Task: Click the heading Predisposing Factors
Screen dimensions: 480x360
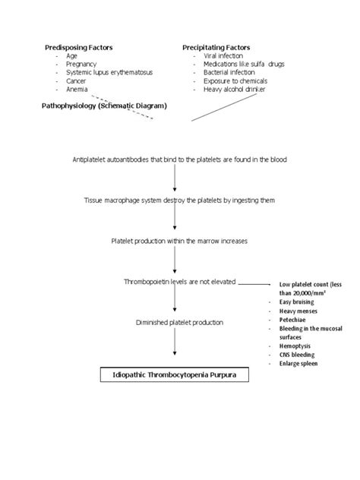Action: pyautogui.click(x=78, y=47)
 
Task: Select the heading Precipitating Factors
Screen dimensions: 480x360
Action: pyautogui.click(x=216, y=47)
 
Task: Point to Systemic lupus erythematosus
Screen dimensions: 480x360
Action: pyautogui.click(x=109, y=72)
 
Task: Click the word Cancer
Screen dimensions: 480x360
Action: pyautogui.click(x=77, y=81)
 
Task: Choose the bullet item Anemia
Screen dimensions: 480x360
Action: pyautogui.click(x=77, y=89)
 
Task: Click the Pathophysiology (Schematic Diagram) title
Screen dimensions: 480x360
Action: pyautogui.click(x=103, y=106)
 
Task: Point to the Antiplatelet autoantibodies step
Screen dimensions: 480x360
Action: pyautogui.click(x=179, y=160)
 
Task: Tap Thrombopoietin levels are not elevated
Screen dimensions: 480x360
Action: pyautogui.click(x=180, y=281)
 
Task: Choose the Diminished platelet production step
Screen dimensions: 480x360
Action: pyautogui.click(x=179, y=322)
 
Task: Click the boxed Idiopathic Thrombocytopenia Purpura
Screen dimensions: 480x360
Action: pyautogui.click(x=175, y=375)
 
